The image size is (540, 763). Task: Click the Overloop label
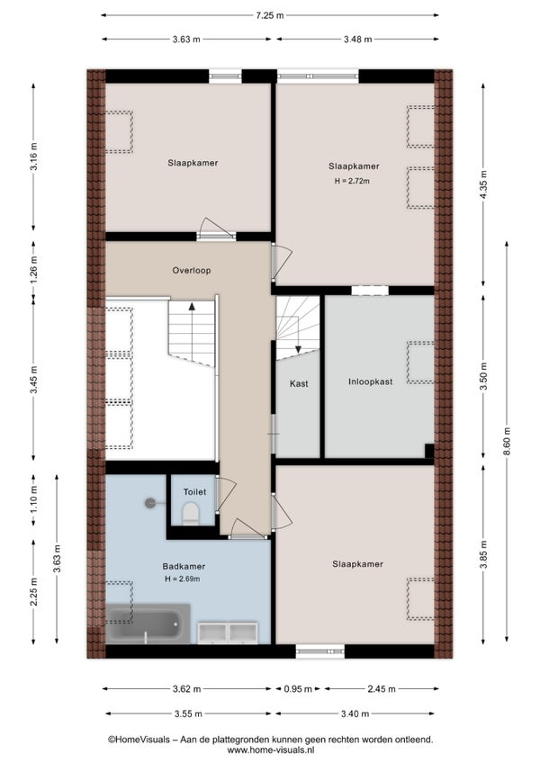(192, 271)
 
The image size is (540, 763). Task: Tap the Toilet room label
(194, 492)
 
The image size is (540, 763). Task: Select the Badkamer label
(184, 567)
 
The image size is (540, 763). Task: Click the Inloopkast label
(370, 382)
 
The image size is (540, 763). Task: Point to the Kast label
(299, 384)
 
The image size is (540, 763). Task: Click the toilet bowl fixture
(191, 514)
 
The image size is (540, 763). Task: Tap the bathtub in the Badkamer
(147, 624)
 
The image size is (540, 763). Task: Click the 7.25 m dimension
(270, 15)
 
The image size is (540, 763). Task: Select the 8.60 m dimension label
(507, 442)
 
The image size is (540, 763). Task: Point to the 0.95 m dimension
(298, 689)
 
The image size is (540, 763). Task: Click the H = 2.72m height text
(352, 181)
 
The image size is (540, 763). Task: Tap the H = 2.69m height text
(182, 579)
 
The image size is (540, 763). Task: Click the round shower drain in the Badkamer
(150, 503)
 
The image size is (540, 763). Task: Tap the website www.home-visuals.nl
(270, 750)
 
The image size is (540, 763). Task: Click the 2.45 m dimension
(382, 689)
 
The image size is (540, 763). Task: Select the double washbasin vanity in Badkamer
(228, 633)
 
